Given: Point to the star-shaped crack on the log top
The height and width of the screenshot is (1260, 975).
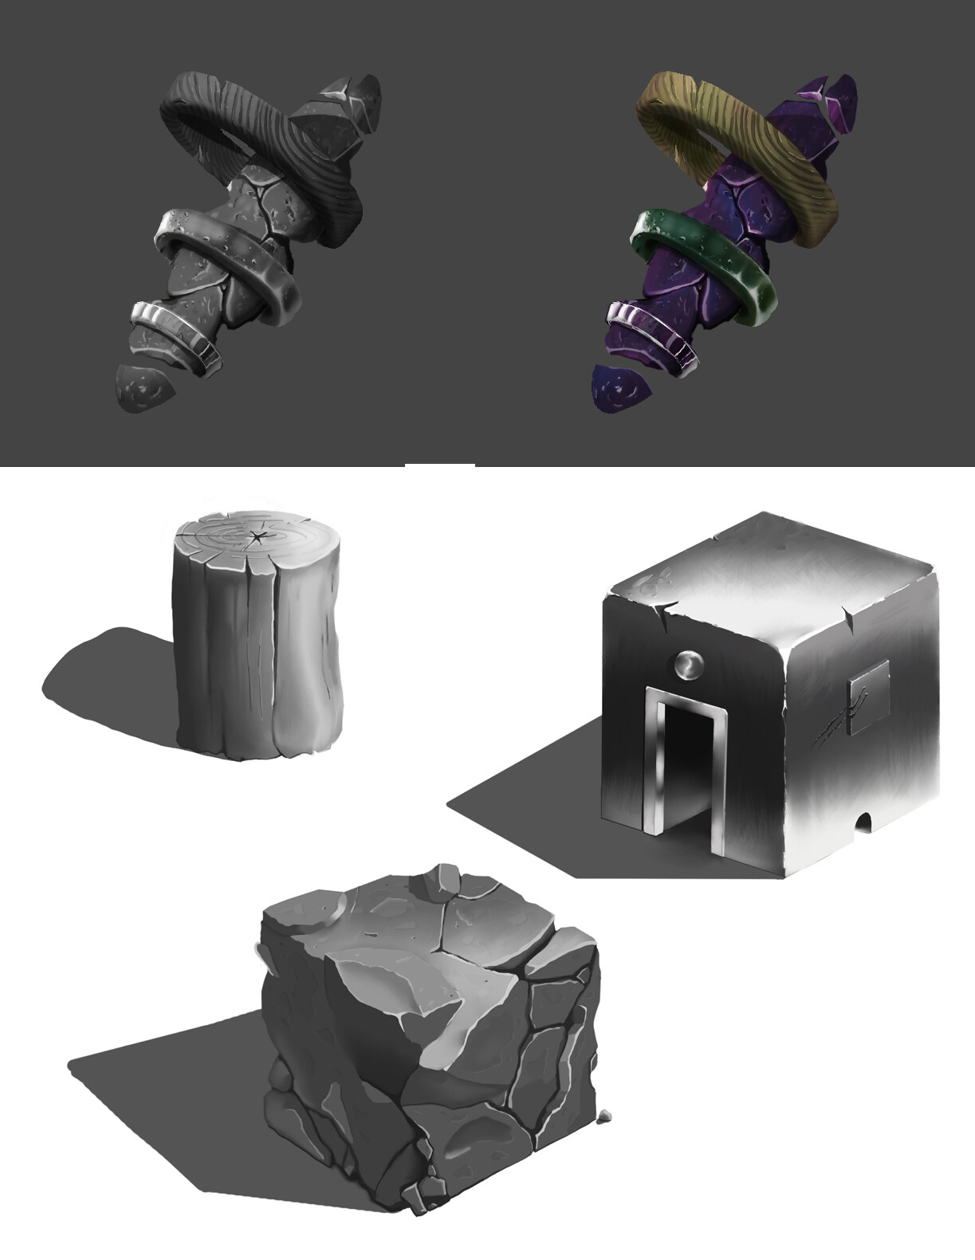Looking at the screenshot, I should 257,536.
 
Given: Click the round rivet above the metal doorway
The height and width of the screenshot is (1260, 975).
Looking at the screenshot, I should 688,665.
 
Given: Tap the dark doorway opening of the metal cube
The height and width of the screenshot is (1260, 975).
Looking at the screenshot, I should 685,765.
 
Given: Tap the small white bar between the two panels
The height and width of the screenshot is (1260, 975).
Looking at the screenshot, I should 439,465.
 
